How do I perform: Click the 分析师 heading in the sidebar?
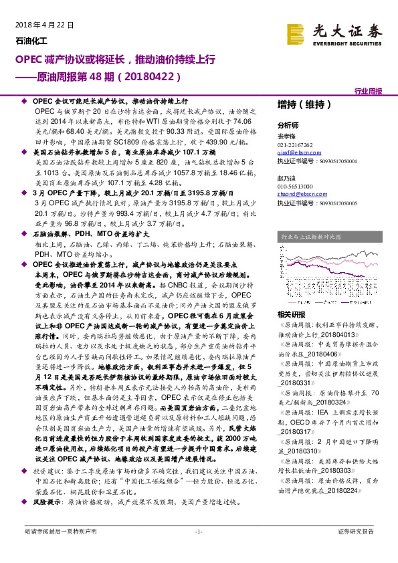[288, 125]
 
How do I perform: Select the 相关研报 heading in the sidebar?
[291, 314]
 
